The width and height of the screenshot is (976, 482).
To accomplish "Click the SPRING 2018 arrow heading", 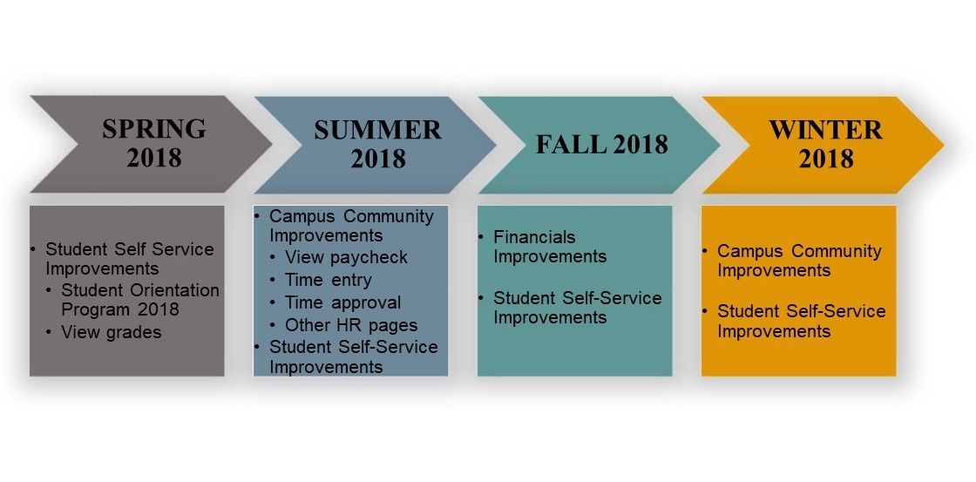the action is pyautogui.click(x=154, y=143).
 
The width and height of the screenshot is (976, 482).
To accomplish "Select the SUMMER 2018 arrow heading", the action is pyautogui.click(x=378, y=144).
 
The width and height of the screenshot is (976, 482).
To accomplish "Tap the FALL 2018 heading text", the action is pyautogui.click(x=602, y=144).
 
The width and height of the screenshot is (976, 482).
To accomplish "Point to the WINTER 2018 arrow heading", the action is pyautogui.click(x=826, y=144).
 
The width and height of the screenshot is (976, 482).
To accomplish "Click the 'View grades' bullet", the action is pyautogui.click(x=111, y=333).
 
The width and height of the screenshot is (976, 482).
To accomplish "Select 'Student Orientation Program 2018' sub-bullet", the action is pyautogui.click(x=140, y=300).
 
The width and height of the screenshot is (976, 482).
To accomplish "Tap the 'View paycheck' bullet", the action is pyautogui.click(x=346, y=257).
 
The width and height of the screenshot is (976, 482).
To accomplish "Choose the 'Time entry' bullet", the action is pyautogui.click(x=328, y=281).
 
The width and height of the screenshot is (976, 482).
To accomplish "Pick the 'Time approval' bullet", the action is pyautogui.click(x=343, y=302).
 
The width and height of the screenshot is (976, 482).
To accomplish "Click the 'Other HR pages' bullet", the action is pyautogui.click(x=351, y=325).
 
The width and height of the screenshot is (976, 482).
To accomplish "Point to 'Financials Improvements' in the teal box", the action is pyautogui.click(x=550, y=247).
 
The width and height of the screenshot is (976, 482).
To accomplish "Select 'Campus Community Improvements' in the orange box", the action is pyautogui.click(x=799, y=261).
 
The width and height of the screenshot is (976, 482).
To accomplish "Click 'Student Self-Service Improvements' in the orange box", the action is pyautogui.click(x=801, y=321).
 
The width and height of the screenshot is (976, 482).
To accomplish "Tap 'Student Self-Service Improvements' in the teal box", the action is pyautogui.click(x=577, y=308).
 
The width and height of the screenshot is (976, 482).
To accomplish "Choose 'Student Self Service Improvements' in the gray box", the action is pyautogui.click(x=130, y=259).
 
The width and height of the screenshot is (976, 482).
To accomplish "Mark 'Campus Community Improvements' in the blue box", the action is pyautogui.click(x=351, y=226).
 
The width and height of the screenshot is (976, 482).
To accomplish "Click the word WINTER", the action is pyautogui.click(x=826, y=130).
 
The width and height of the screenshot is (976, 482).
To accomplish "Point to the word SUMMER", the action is pyautogui.click(x=378, y=130).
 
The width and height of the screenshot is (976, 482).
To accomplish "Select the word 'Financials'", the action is pyautogui.click(x=534, y=237).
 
